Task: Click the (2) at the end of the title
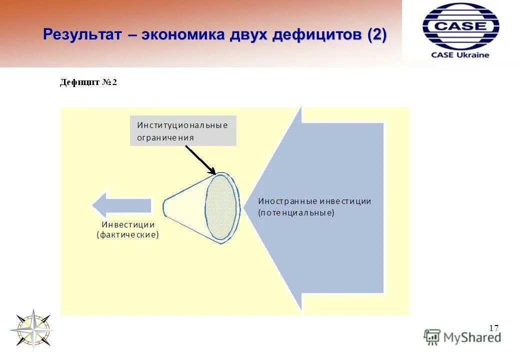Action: [376, 35]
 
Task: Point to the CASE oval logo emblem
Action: [460, 26]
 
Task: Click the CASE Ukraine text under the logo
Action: [460, 55]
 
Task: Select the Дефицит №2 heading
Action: [88, 82]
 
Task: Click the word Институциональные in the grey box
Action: [182, 125]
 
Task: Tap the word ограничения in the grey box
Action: [165, 137]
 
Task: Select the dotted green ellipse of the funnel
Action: [221, 207]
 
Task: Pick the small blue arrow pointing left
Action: [121, 205]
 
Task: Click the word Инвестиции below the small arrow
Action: [128, 224]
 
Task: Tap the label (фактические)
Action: [128, 234]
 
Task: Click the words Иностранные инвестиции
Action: [314, 201]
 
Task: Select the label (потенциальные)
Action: [296, 212]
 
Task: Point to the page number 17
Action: [493, 328]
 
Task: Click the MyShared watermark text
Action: [471, 338]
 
